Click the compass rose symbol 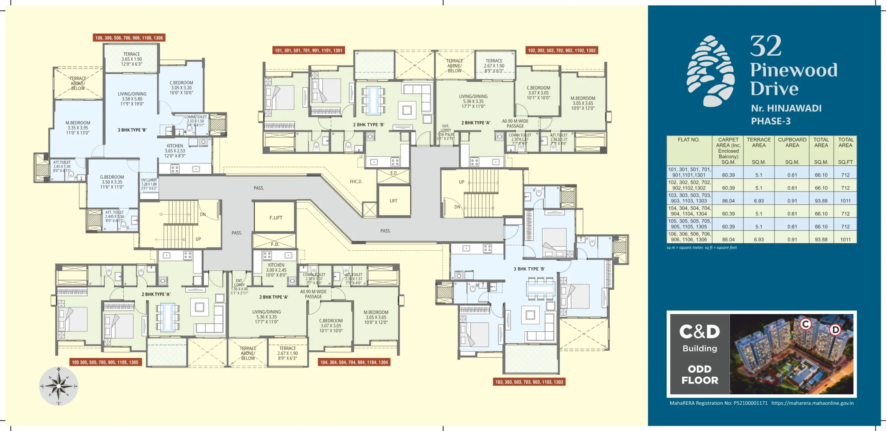pos(58,386)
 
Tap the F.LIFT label pos(276,218)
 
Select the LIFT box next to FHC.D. pos(394,201)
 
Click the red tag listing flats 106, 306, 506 pos(129,38)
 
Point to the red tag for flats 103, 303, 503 pos(529,382)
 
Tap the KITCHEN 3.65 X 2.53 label pos(175,151)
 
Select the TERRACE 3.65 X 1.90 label pos(132,59)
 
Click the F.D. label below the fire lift pos(275,244)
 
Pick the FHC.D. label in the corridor pos(356,181)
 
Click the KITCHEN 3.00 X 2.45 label pos(276,270)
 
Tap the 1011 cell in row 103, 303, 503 pos(845,201)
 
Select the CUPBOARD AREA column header pos(792,142)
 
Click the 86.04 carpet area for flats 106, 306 pos(728,239)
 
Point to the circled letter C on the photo pos(806,324)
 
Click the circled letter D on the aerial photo pos(835,329)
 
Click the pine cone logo pos(710,71)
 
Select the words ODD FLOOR pos(700,375)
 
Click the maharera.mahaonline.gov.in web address pos(812,403)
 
